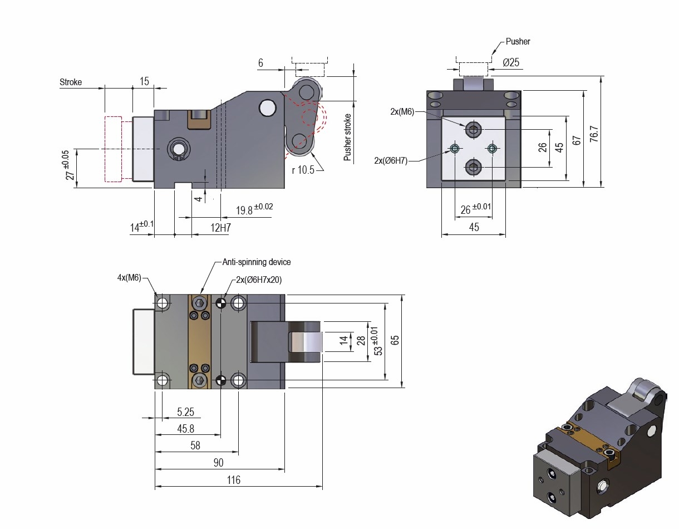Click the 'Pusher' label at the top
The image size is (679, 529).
[x=518, y=42]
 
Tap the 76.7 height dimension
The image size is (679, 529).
[x=594, y=133]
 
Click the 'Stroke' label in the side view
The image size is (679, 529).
[x=71, y=82]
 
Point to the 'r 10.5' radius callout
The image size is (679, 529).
[x=303, y=170]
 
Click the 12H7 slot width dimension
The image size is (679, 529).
[x=220, y=228]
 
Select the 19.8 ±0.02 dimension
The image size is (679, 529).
[x=254, y=210]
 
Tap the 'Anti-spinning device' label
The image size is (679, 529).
[x=257, y=262]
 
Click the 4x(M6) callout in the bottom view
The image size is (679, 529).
[x=130, y=277]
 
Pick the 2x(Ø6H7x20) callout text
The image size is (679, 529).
[x=259, y=280]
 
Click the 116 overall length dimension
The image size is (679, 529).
[x=234, y=480]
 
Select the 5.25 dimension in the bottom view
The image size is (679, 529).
[x=185, y=412]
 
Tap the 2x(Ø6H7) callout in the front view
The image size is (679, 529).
[x=391, y=160]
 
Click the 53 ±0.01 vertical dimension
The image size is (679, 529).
[x=378, y=341]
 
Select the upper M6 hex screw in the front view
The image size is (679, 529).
[x=474, y=130]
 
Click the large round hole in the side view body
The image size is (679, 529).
[x=268, y=107]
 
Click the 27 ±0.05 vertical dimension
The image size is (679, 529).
[x=68, y=165]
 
